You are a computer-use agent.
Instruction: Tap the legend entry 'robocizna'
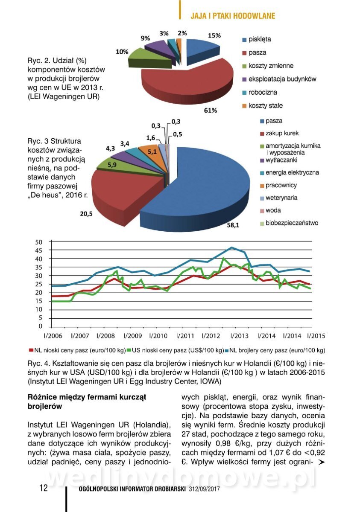(263, 92)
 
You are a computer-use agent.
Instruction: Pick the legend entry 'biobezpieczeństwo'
(292, 223)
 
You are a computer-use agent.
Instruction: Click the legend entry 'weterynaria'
(281, 198)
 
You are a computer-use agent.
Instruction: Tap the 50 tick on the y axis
(39, 242)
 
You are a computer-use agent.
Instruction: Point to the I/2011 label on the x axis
(185, 336)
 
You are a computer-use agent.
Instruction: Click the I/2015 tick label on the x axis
(316, 336)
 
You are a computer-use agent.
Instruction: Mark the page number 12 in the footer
(44, 488)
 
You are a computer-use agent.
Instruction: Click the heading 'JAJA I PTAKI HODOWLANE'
(233, 16)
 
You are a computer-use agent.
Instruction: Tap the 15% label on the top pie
(214, 35)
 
